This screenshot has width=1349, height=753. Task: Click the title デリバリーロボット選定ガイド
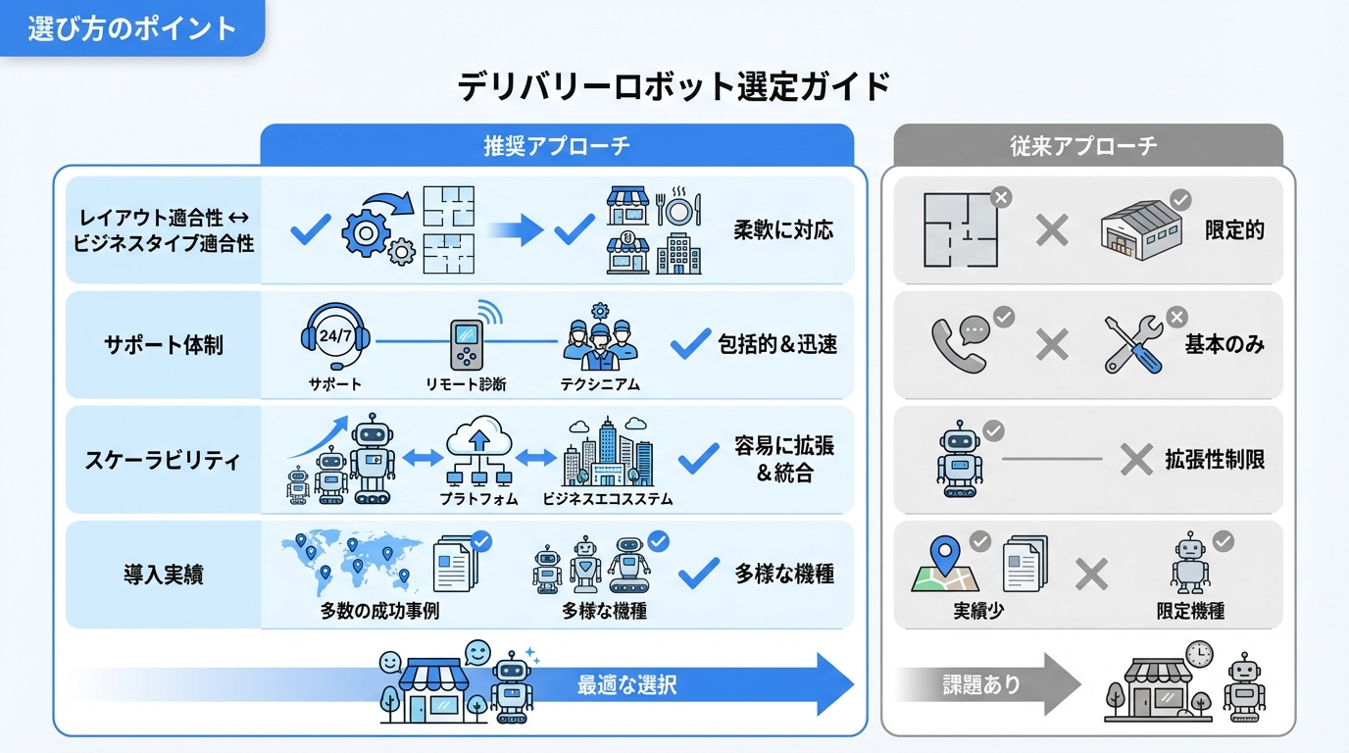click(x=674, y=87)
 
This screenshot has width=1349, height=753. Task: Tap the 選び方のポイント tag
click(x=131, y=27)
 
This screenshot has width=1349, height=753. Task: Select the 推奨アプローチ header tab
click(x=556, y=146)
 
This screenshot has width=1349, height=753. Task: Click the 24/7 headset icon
click(x=335, y=336)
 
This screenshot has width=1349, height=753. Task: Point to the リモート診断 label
click(x=466, y=384)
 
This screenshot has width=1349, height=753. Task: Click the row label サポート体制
click(x=164, y=345)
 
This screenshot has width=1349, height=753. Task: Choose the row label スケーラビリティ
click(x=164, y=460)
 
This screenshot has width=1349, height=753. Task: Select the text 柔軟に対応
click(x=783, y=230)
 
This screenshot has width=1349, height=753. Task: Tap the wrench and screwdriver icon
click(x=1133, y=343)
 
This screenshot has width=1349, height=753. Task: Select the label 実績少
click(x=977, y=611)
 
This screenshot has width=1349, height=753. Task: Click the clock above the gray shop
click(x=1198, y=654)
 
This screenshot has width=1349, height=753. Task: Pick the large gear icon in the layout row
click(x=365, y=231)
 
